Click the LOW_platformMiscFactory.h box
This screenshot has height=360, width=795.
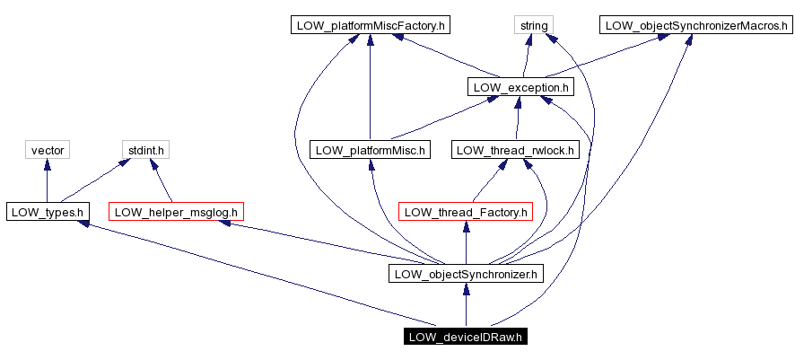click(370, 25)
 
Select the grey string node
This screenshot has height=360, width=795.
click(533, 25)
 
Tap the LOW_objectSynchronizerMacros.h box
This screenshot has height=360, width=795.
click(695, 25)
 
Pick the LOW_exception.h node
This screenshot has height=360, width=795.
click(520, 87)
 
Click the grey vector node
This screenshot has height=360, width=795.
click(47, 150)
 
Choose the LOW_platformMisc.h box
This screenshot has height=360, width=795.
click(370, 150)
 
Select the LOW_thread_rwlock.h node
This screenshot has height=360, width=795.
click(515, 150)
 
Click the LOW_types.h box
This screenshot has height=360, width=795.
click(47, 212)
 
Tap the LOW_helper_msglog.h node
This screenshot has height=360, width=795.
click(176, 212)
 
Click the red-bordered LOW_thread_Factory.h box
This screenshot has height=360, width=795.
click(465, 212)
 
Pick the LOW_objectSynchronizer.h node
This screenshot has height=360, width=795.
click(465, 274)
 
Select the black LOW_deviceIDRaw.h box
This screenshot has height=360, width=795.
click(465, 337)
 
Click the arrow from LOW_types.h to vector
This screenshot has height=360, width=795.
click(47, 180)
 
